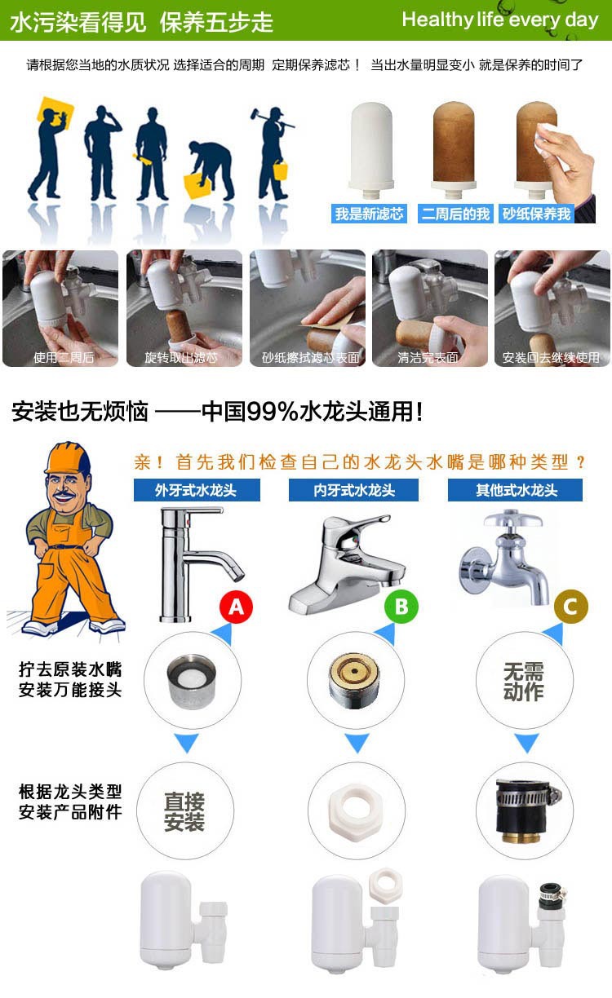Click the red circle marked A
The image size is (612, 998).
coord(237,607)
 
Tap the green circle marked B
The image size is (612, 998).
coord(401,606)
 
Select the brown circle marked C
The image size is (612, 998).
coord(571,607)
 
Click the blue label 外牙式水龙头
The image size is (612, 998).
coord(197,490)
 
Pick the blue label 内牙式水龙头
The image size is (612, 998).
coord(353,490)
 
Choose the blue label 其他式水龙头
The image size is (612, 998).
coord(515,490)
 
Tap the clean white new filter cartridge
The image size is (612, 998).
coord(370,150)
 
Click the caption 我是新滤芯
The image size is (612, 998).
coord(369,214)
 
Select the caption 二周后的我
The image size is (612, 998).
coord(455,214)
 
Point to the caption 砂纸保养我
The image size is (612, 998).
coord(536,214)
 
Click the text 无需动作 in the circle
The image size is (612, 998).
coord(524,682)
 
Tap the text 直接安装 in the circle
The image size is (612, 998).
coord(184,812)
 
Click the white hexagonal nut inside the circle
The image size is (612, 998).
coord(356,812)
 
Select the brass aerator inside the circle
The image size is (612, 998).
coord(354,680)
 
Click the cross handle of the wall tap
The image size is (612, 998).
coord(513,520)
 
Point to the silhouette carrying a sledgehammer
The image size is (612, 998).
coord(272,154)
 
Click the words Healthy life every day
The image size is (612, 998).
coord(500,20)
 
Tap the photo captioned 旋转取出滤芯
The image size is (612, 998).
coord(184,308)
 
